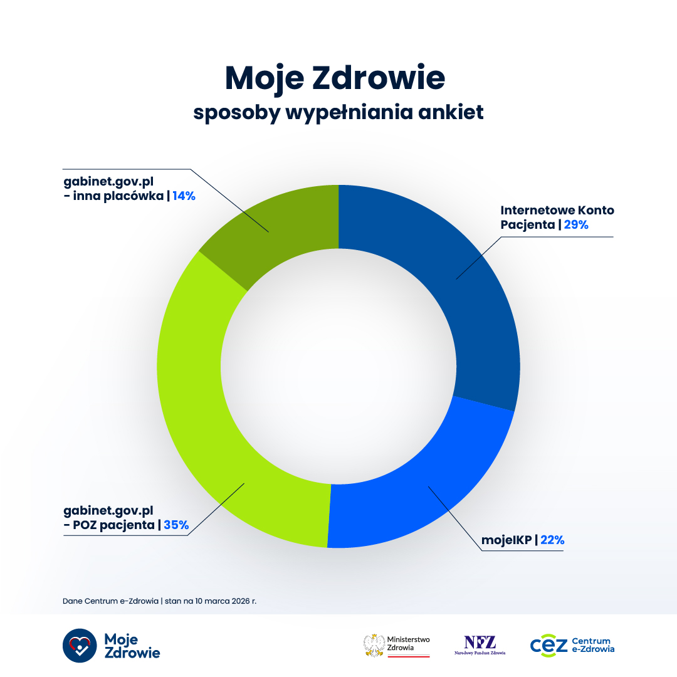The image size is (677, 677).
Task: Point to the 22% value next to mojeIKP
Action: click(552, 540)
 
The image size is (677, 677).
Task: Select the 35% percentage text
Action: click(176, 525)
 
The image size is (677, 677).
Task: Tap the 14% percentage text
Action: click(184, 196)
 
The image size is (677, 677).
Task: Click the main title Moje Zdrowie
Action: click(335, 78)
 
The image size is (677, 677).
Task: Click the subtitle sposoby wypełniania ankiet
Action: click(338, 113)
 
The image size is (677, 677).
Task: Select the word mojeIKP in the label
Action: click(506, 540)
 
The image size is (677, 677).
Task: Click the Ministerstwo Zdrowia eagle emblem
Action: click(374, 645)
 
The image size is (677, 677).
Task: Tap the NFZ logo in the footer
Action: click(480, 643)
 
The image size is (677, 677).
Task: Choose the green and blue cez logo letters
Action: click(548, 645)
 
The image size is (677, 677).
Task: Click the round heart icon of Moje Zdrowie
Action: click(80, 646)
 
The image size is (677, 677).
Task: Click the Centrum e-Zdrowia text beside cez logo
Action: click(593, 645)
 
